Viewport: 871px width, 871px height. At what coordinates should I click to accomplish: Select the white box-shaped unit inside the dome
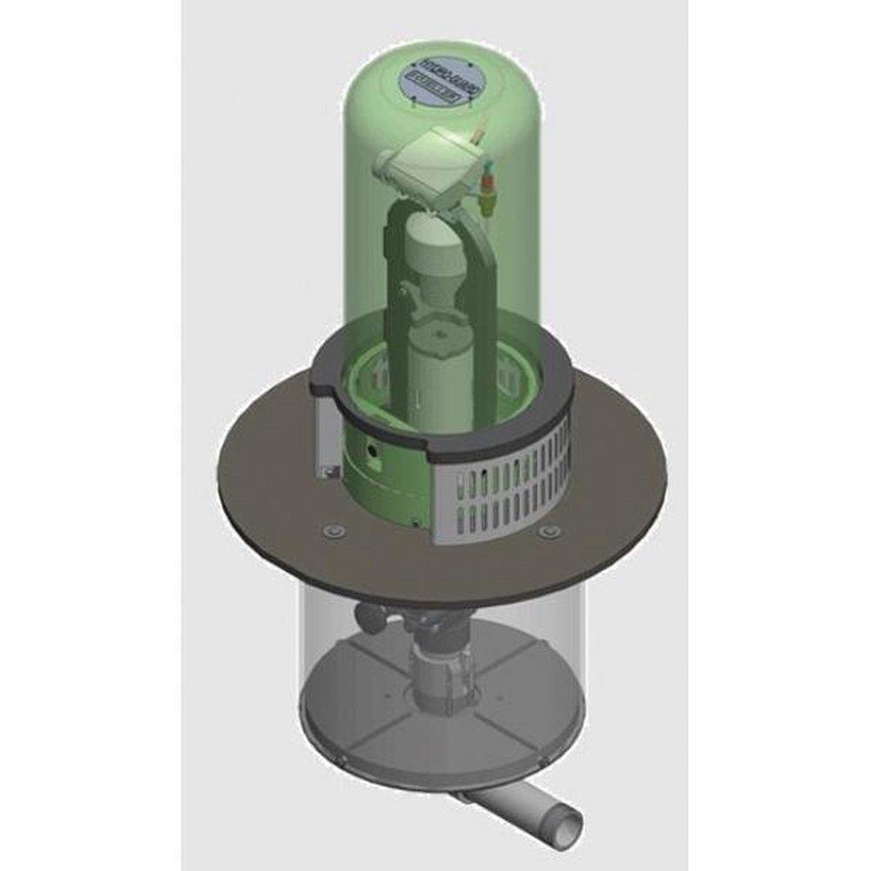[x=431, y=169]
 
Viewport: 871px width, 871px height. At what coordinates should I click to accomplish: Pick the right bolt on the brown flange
[x=547, y=530]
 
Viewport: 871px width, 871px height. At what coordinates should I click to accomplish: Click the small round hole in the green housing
[x=374, y=453]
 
